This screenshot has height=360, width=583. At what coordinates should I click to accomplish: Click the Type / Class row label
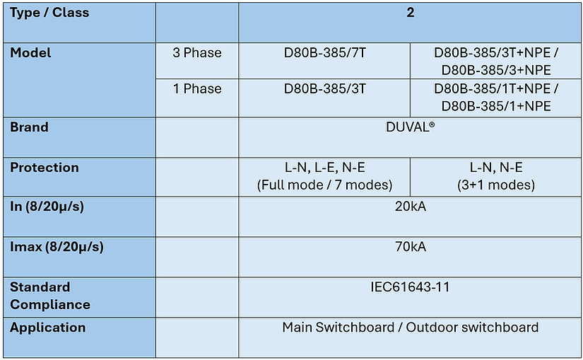[x=49, y=13]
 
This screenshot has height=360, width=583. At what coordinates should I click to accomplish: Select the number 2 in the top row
[x=410, y=13]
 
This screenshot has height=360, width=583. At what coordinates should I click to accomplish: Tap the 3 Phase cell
[x=197, y=53]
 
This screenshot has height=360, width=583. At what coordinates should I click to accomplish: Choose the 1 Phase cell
[x=197, y=89]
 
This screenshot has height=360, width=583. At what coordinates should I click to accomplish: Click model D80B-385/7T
[x=324, y=53]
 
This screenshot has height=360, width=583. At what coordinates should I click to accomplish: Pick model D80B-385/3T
[x=324, y=89]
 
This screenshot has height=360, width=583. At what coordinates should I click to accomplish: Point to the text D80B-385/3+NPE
[x=496, y=70]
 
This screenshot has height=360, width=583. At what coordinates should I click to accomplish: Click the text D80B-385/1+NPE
[x=496, y=107]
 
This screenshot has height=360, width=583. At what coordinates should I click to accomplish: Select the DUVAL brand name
[x=410, y=127]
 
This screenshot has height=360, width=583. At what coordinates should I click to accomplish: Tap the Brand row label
[x=29, y=127]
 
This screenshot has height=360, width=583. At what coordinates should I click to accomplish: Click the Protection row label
[x=45, y=168]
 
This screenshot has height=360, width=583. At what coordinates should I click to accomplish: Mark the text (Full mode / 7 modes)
[x=324, y=185]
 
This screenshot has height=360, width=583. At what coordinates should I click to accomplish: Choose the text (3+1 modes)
[x=496, y=185]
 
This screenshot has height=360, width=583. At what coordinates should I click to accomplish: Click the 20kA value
[x=410, y=207]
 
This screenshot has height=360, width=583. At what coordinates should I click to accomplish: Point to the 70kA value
[x=410, y=247]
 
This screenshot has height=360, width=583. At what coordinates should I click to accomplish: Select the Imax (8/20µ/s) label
[x=57, y=248]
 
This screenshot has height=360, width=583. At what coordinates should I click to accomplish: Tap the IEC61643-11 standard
[x=410, y=287]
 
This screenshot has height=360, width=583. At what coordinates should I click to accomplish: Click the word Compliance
[x=50, y=305]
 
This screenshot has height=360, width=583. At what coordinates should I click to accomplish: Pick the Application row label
[x=47, y=327]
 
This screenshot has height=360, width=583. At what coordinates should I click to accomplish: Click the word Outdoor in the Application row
[x=432, y=327]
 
